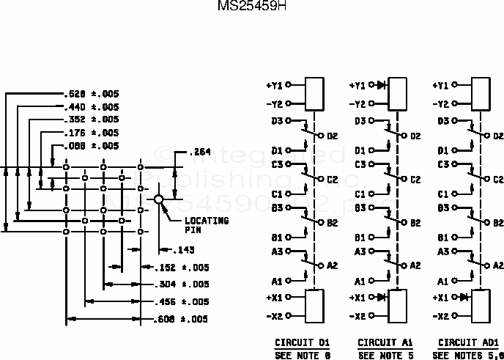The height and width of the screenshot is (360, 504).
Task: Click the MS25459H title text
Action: [252, 6]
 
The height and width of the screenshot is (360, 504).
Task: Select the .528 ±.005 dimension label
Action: [91, 94]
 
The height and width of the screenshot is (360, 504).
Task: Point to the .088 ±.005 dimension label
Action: [91, 146]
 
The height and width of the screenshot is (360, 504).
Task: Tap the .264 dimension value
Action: [199, 153]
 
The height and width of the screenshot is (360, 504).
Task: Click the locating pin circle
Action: [159, 199]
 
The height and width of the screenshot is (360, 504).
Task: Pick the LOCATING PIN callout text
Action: [206, 224]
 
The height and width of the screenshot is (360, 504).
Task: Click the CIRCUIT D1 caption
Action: [303, 342]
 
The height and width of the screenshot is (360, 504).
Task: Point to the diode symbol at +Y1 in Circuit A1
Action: [380, 86]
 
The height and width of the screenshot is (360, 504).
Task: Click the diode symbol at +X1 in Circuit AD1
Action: [463, 298]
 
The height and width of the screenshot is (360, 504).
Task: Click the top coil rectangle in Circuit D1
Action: [315, 94]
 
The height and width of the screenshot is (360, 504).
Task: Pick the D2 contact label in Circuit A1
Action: [415, 136]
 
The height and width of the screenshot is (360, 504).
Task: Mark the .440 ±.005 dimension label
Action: [91, 106]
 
